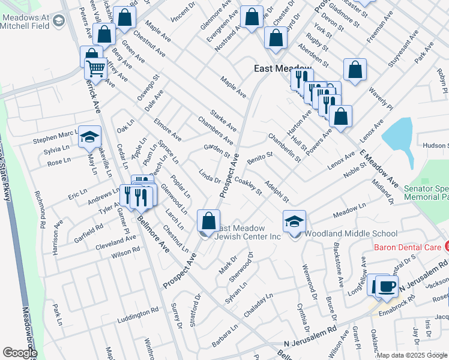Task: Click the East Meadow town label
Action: (283, 68)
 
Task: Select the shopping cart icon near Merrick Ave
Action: (95, 69)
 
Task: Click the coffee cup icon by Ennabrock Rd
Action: (387, 286)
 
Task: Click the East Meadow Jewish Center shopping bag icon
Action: (208, 221)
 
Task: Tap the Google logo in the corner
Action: (19, 353)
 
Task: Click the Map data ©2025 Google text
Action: (412, 355)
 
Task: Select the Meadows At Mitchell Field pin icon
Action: (58, 22)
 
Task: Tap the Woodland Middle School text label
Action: (351, 234)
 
